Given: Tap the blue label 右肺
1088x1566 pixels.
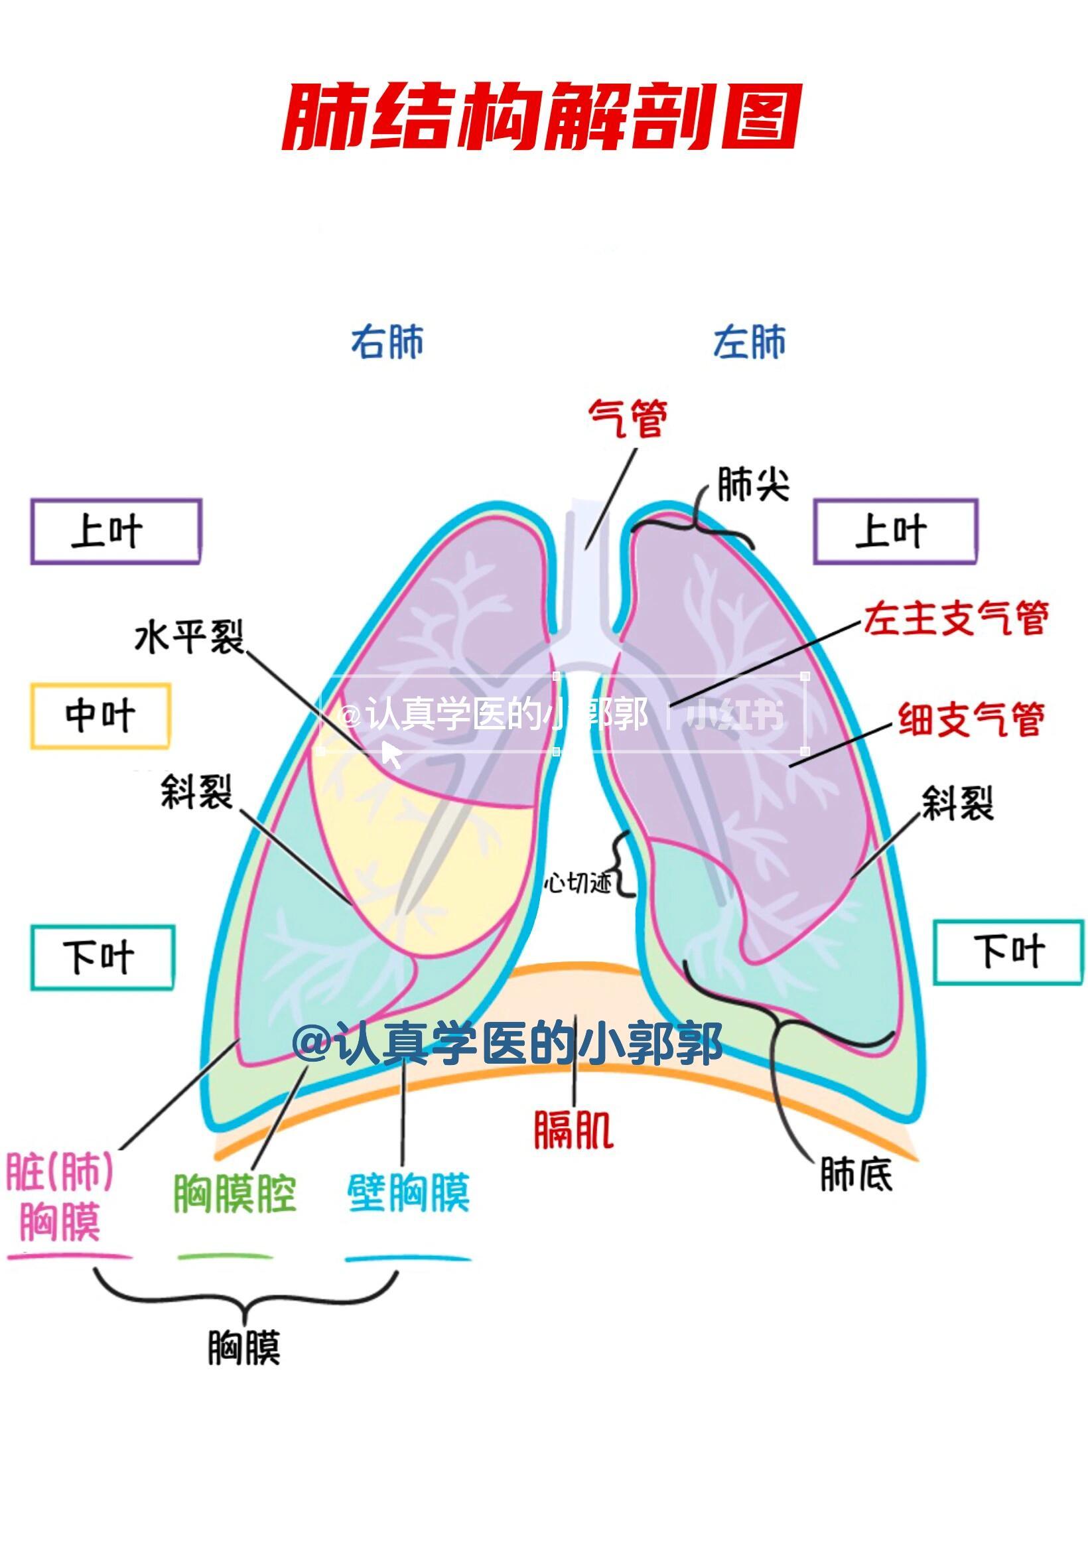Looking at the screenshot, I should coord(387,342).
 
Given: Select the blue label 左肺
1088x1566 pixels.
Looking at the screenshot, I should coord(749,342).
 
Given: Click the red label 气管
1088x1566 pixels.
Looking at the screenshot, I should coord(627,418).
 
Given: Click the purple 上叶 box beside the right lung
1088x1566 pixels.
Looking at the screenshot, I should coord(116,532).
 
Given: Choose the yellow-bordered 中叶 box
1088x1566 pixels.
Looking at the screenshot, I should coord(100,716).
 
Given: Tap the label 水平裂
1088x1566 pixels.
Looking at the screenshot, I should coord(189,637).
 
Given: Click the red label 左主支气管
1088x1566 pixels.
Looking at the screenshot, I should coord(956,618).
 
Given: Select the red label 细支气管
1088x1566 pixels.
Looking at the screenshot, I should coord(971,719).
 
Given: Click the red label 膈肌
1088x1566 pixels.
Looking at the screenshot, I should coord(573,1130).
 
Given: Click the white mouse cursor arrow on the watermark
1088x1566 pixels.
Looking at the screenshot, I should coord(391,754).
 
